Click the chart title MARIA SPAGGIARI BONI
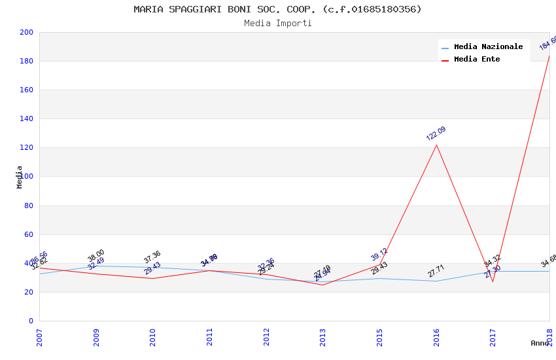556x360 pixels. (277, 9)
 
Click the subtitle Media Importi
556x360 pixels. (277, 23)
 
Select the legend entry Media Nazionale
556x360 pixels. (488, 46)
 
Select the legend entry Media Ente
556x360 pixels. (477, 59)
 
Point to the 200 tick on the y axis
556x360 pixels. (27, 32)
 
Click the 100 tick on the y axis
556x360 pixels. (27, 177)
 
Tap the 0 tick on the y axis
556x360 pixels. (31, 321)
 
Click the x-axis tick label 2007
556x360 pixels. (39, 337)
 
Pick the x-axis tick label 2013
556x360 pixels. (323, 337)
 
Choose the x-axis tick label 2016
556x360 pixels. (436, 337)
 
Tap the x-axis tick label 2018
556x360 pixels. (549, 337)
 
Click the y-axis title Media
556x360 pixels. (20, 177)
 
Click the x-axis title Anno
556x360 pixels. (540, 343)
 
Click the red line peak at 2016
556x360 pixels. (436, 145)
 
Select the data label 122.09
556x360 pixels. (436, 134)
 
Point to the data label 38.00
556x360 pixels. (96, 255)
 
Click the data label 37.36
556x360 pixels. (152, 257)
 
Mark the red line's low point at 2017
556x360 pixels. (493, 281)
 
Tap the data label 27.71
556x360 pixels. (436, 270)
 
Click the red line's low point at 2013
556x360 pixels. (322, 285)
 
